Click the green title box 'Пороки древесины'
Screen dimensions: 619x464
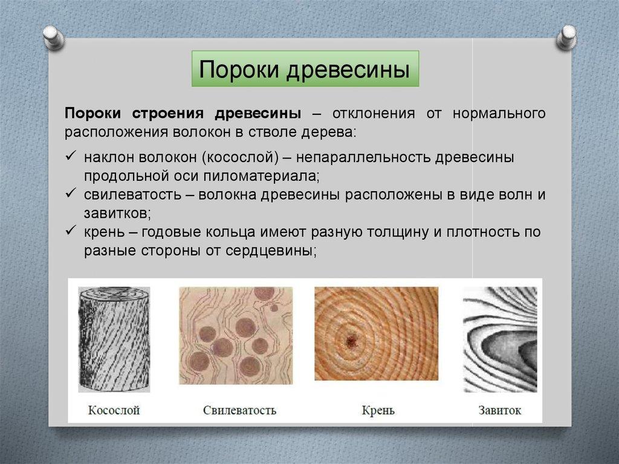[x=305, y=69]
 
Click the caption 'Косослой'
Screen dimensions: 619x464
[x=114, y=410]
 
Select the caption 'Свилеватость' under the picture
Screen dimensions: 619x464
[x=239, y=410]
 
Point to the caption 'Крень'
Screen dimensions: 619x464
[x=378, y=411]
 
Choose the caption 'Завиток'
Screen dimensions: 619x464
[x=500, y=410]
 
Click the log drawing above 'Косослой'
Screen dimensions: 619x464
[x=114, y=339]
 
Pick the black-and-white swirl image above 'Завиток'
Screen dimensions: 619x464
[x=500, y=339]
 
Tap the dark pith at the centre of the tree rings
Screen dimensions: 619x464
[x=351, y=341]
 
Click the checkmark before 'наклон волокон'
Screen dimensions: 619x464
[x=71, y=156]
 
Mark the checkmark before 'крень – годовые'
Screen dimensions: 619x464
[x=71, y=230]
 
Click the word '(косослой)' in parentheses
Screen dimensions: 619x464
[x=241, y=157]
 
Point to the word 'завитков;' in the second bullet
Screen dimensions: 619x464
[x=117, y=214]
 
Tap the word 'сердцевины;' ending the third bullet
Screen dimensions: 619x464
[x=271, y=250]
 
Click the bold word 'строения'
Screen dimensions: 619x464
[x=167, y=114]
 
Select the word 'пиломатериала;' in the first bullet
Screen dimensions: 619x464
[x=261, y=176]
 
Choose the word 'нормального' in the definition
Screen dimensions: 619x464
[x=499, y=114]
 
